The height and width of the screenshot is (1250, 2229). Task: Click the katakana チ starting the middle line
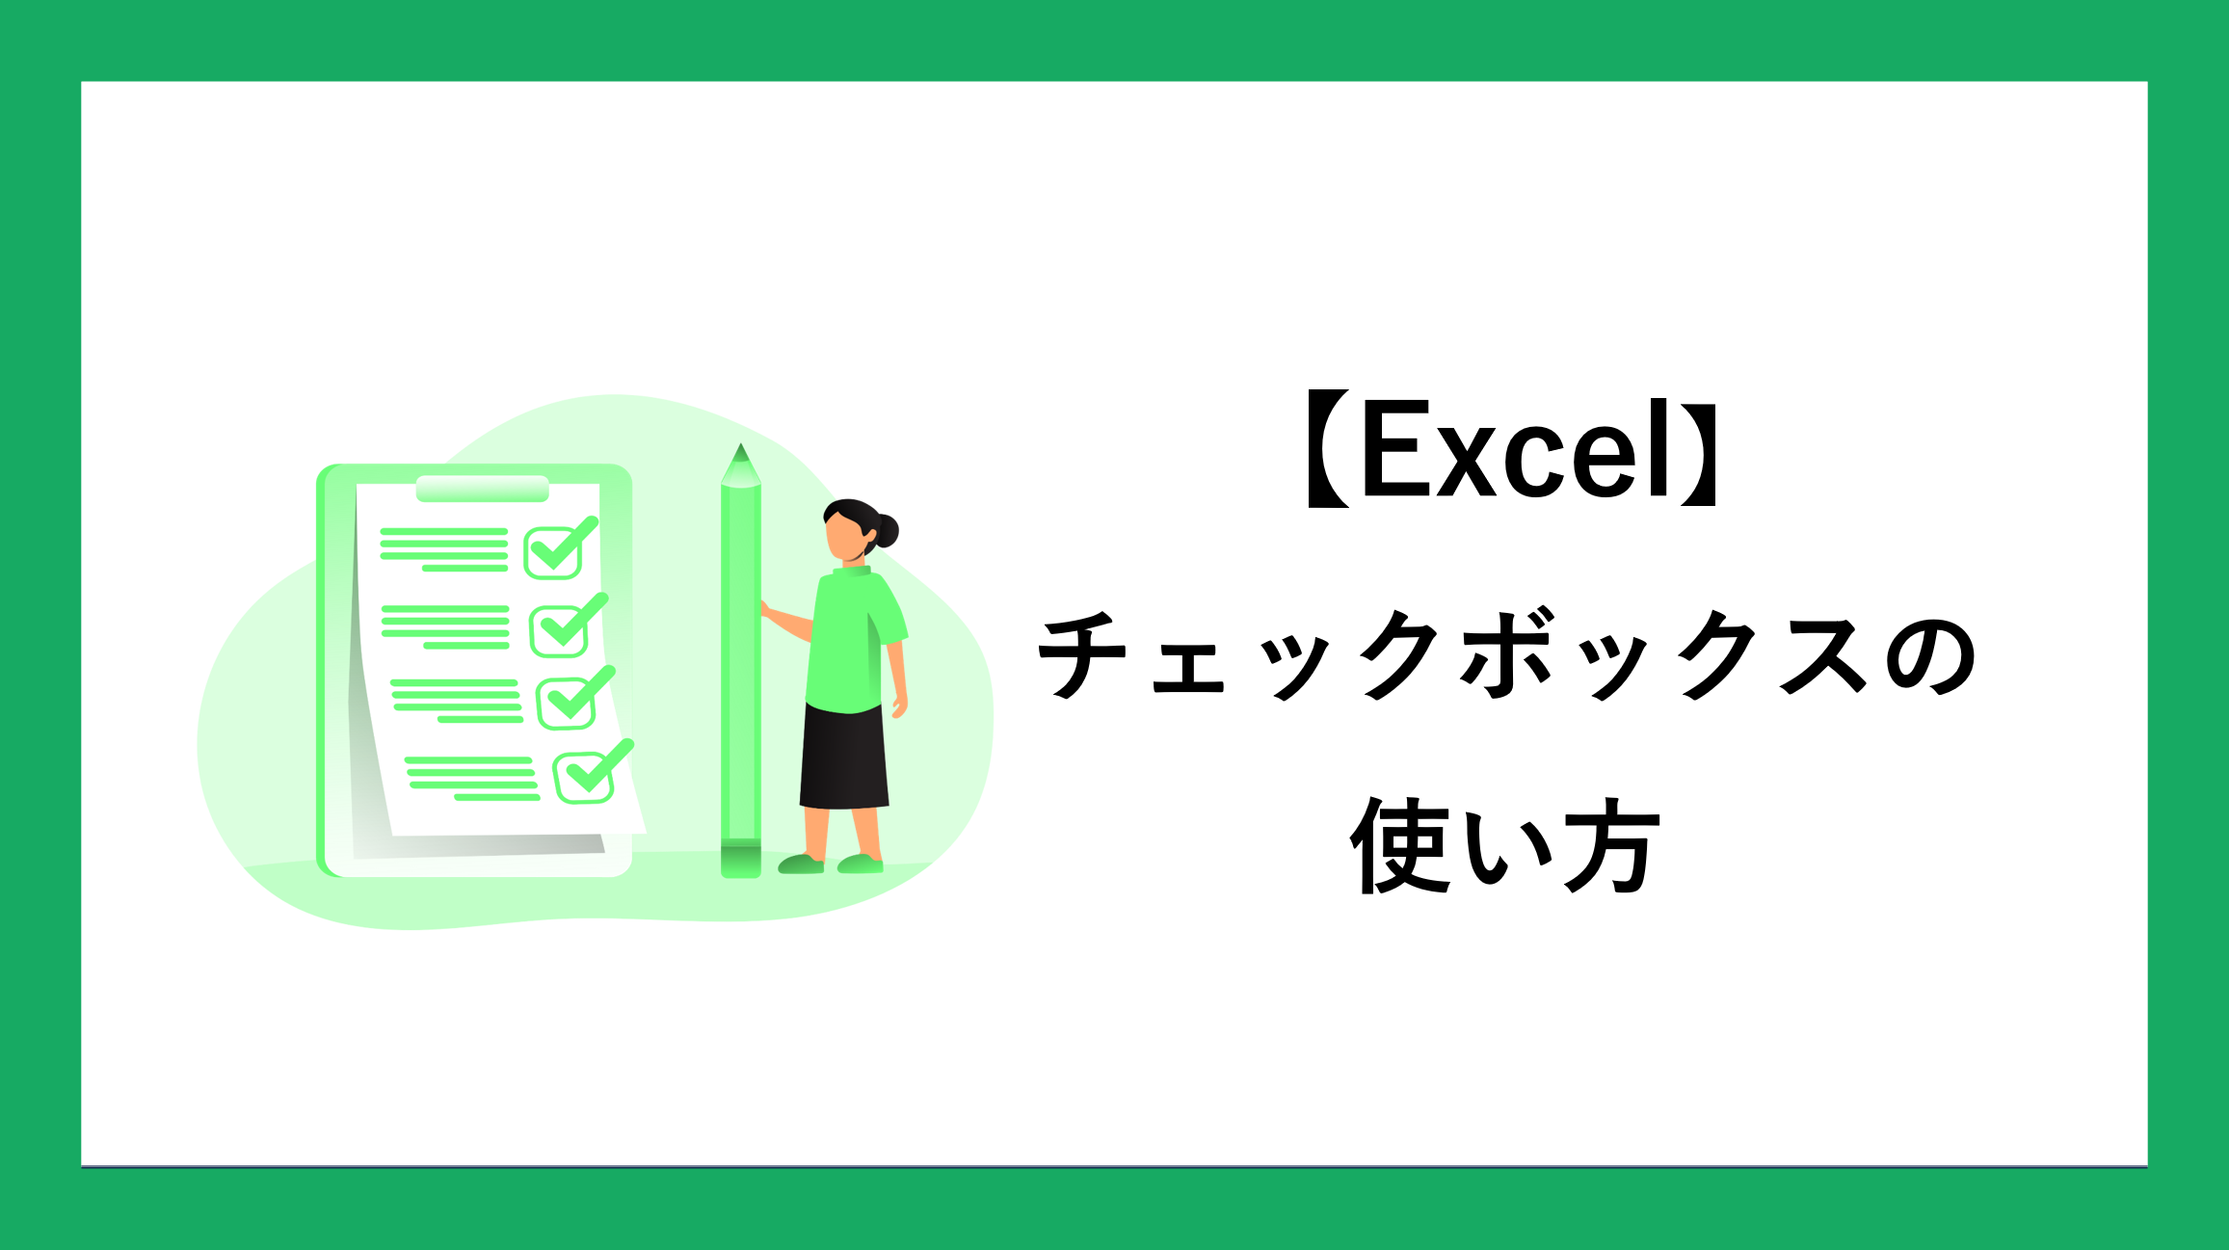pos(1084,654)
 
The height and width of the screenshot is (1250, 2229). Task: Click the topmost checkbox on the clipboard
pos(560,548)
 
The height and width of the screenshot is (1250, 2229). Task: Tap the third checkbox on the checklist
pos(575,698)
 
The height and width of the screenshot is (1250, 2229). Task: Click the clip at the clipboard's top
pos(482,489)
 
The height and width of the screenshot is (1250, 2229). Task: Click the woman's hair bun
pos(886,530)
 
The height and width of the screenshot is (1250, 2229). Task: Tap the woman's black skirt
pos(844,758)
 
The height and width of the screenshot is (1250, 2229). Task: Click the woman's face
pos(845,539)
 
